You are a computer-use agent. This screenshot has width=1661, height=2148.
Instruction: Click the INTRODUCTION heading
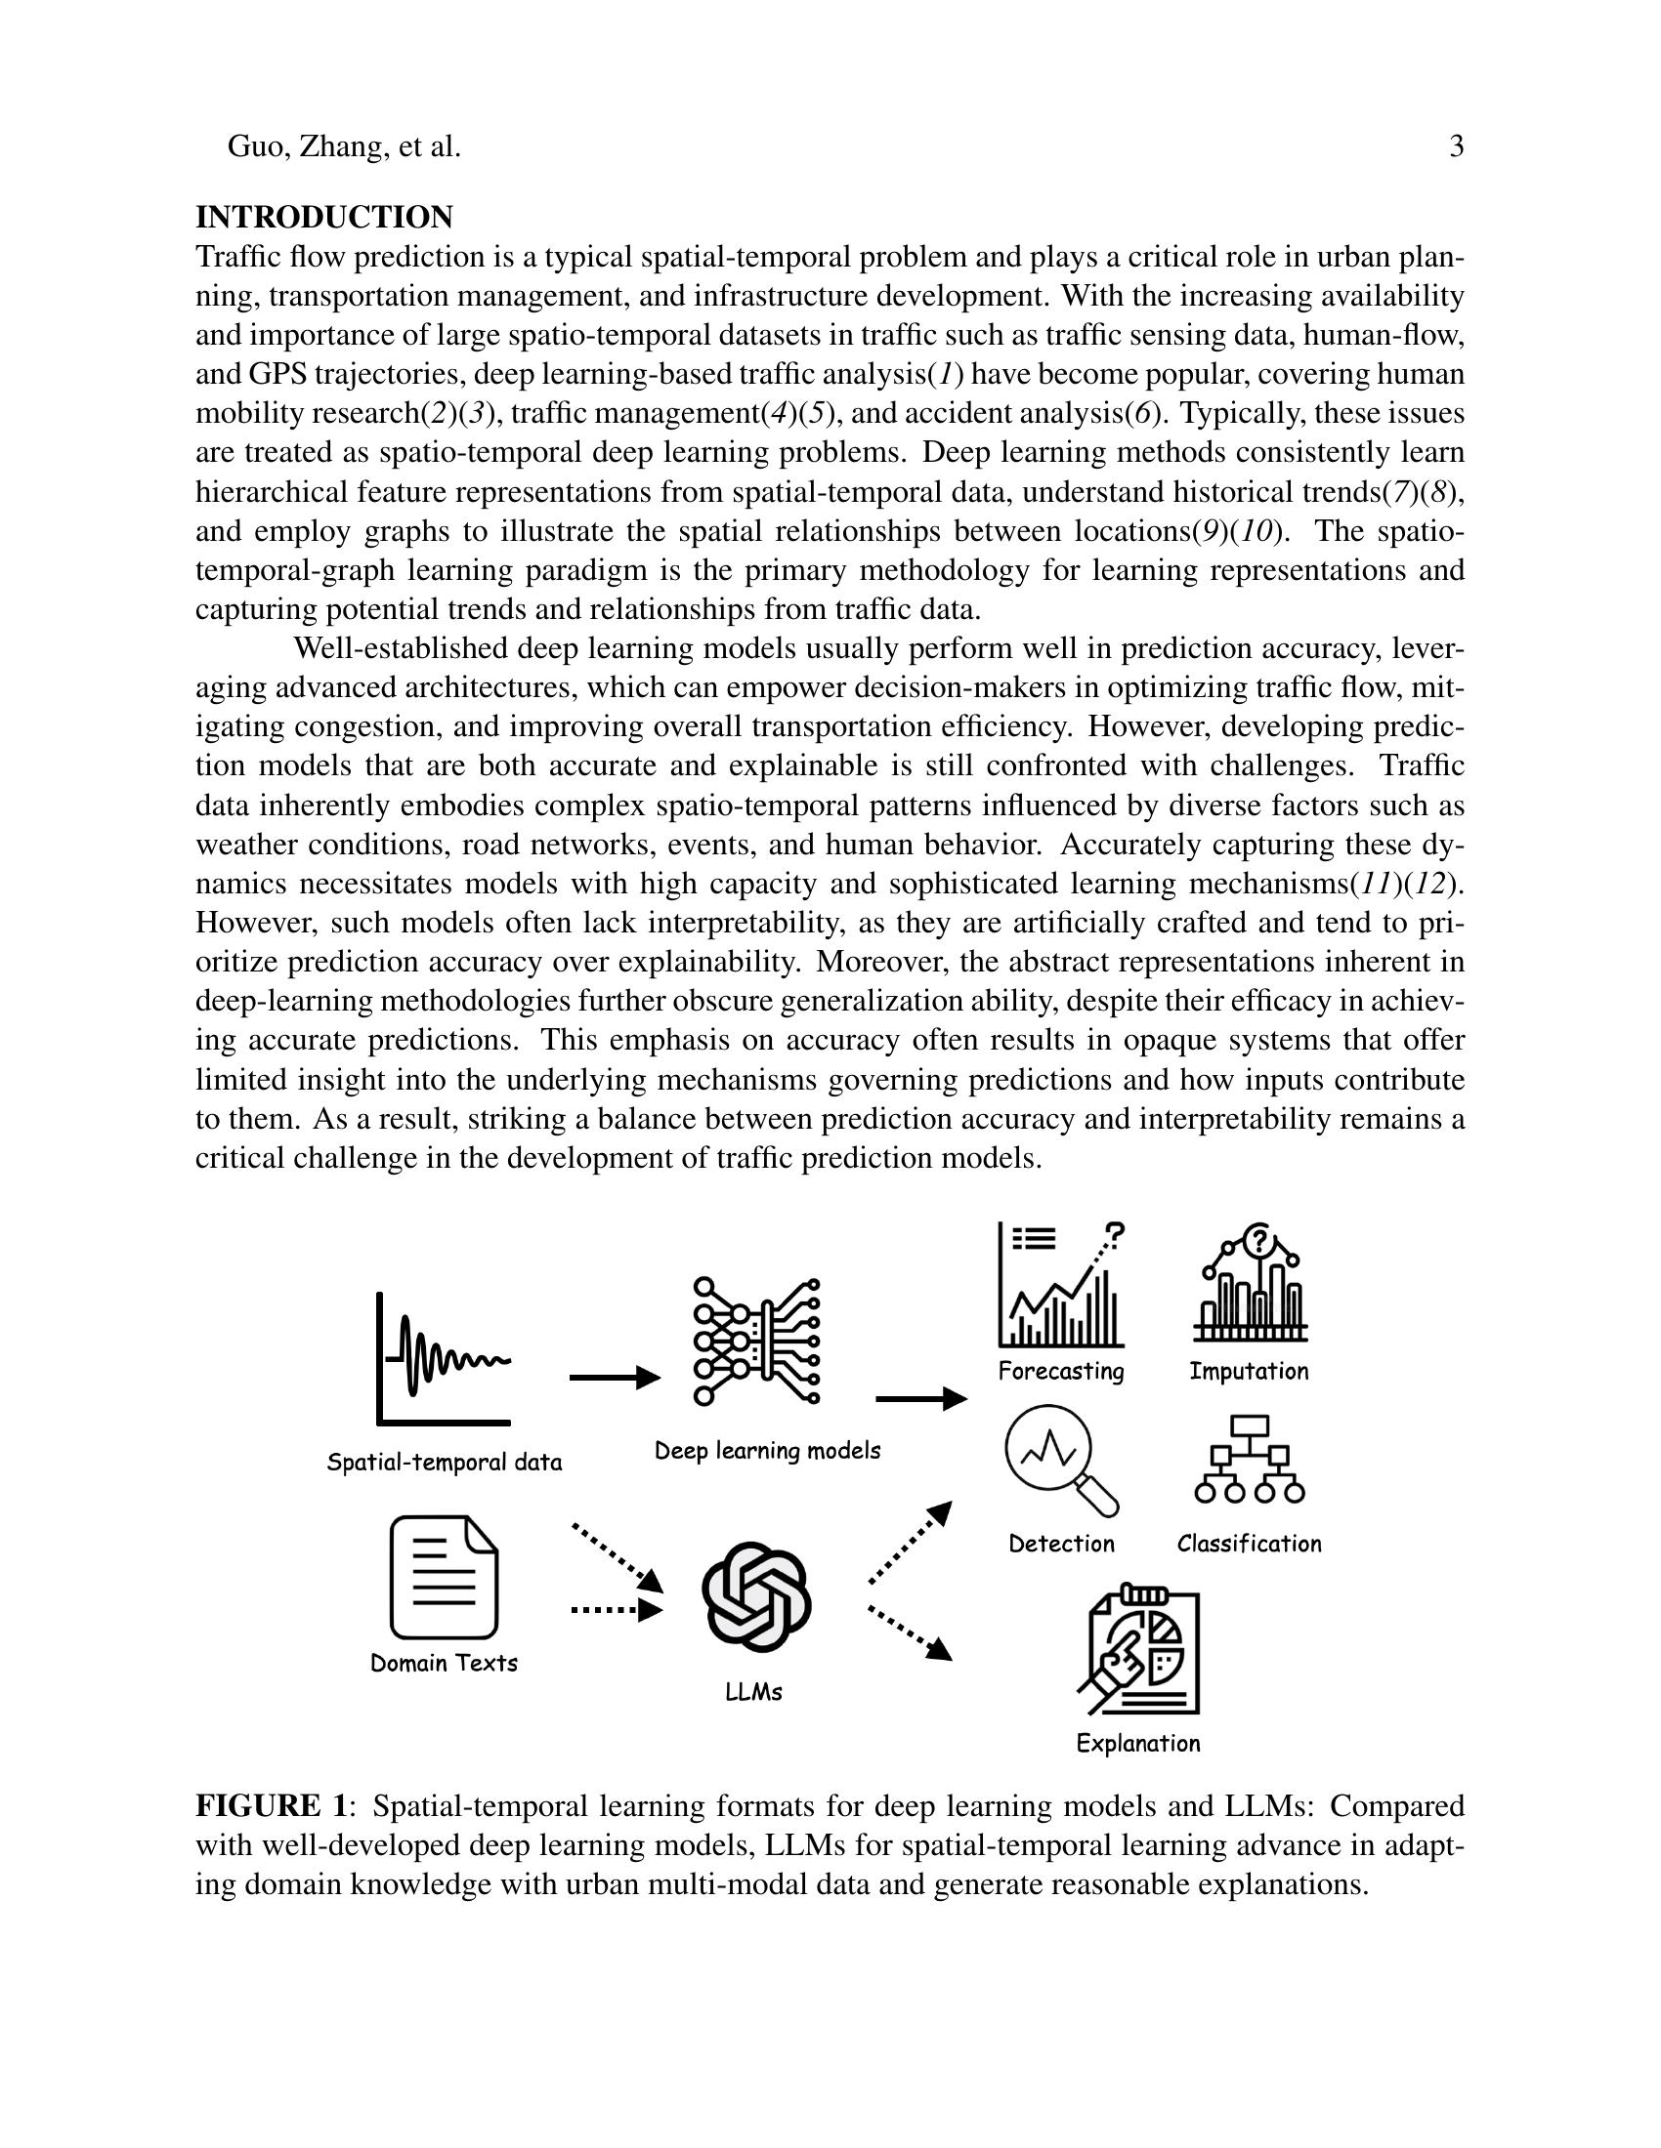point(323,217)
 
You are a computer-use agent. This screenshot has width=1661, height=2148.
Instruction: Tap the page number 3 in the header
point(1457,146)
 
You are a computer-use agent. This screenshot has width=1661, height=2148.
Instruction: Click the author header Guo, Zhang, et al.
point(343,146)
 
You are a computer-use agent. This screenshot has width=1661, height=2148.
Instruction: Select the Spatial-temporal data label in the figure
point(444,1463)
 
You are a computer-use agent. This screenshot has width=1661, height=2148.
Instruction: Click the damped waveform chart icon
point(444,1358)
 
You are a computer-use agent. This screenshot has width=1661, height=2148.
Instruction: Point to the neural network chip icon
point(756,1341)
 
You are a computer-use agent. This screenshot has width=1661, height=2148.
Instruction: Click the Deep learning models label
point(768,1451)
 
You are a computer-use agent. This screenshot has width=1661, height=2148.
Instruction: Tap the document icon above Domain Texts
point(444,1577)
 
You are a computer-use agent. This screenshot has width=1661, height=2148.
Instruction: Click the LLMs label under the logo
point(753,1692)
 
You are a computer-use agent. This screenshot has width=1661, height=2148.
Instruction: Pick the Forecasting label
point(1061,1371)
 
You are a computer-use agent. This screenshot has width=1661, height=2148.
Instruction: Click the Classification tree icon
point(1250,1460)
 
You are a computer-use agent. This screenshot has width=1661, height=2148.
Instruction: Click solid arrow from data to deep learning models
point(614,1378)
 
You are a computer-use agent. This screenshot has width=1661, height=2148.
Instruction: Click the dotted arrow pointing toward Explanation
point(911,1633)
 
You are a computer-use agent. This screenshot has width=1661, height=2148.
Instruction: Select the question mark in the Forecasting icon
point(1114,1232)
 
